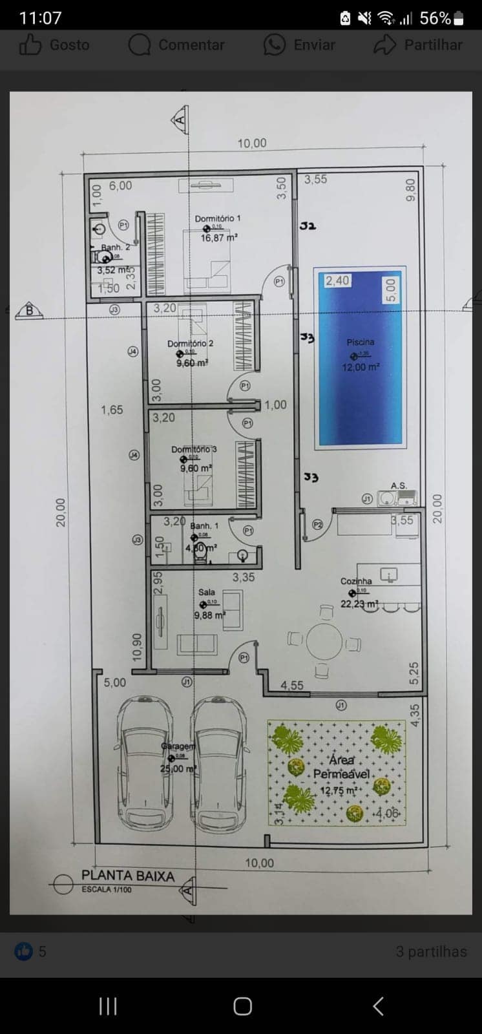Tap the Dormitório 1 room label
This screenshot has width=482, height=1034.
[218, 218]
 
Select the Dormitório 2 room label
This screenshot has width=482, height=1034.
[190, 343]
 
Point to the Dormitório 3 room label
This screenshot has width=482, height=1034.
[194, 449]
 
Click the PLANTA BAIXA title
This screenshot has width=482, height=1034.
[128, 876]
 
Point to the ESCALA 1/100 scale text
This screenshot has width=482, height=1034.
[106, 890]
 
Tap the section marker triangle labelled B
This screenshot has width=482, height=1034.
[29, 311]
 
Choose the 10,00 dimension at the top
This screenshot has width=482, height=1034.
[251, 143]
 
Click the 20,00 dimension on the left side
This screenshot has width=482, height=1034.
[60, 512]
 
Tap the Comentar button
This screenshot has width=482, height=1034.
[176, 45]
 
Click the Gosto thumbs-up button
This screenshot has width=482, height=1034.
[54, 45]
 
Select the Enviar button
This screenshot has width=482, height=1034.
[299, 45]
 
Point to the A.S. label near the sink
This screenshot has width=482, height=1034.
[399, 485]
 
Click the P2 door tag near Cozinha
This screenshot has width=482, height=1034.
[317, 525]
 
